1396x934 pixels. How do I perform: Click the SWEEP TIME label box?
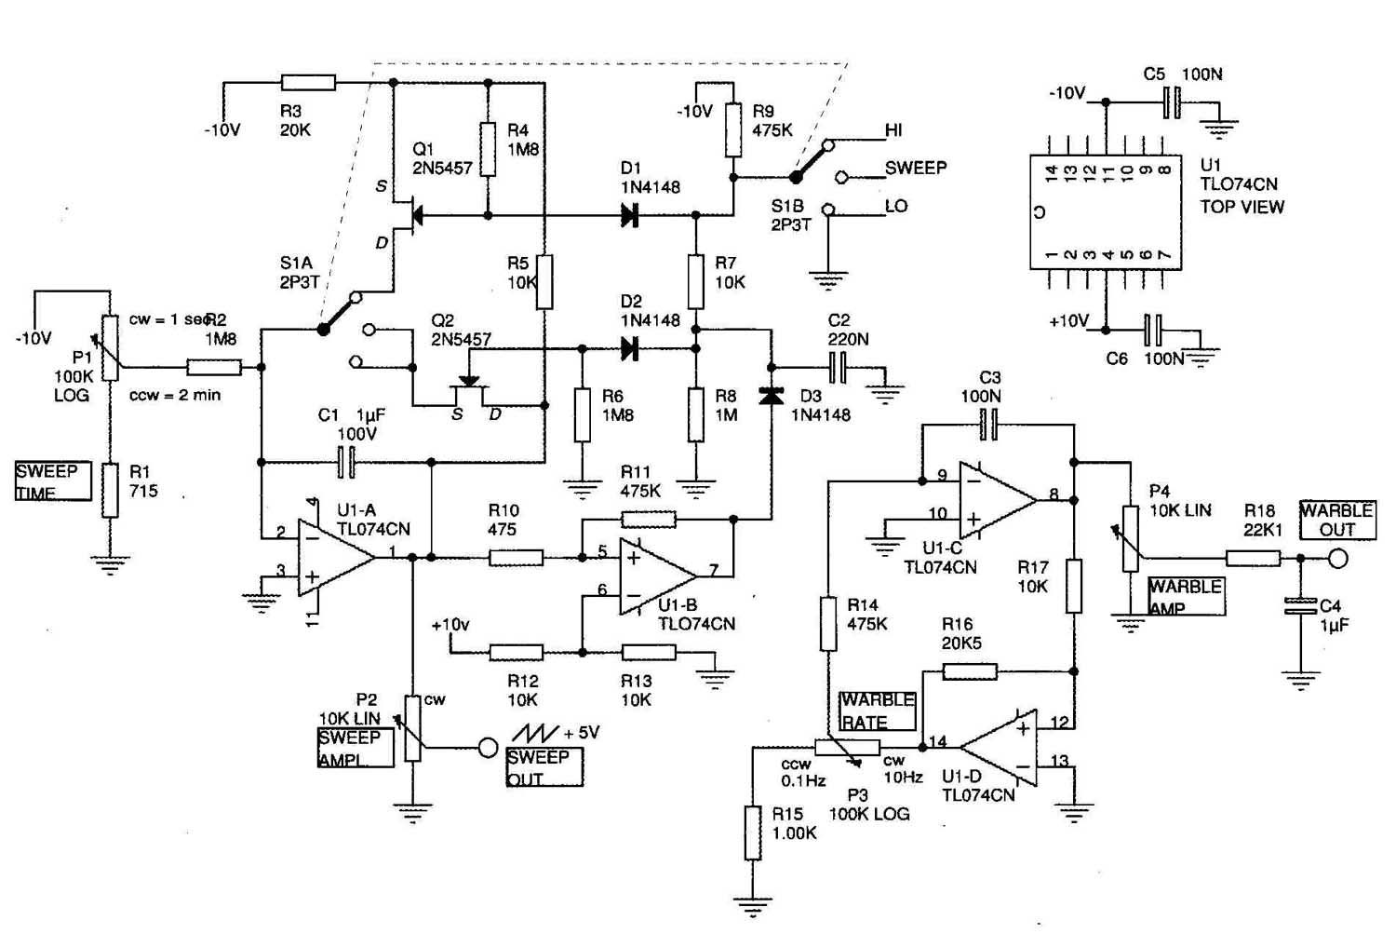click(54, 481)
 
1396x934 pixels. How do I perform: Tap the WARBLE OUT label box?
click(1337, 520)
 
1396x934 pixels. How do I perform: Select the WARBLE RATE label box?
click(878, 711)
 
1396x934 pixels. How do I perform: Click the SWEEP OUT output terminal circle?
click(488, 747)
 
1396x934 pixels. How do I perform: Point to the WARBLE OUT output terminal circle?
click(1337, 558)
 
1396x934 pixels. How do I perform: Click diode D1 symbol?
click(629, 216)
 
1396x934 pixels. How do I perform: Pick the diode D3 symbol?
click(772, 396)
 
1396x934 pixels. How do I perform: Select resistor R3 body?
click(308, 82)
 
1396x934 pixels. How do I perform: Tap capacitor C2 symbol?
click(839, 368)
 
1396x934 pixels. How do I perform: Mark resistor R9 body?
click(733, 129)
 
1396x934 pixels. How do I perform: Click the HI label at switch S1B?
click(893, 129)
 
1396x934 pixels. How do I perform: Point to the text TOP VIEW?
click(1242, 207)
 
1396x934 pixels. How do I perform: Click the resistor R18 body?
click(1254, 558)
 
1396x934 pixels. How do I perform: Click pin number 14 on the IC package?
click(1051, 173)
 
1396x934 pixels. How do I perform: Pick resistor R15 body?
click(753, 833)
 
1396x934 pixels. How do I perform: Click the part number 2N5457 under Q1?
click(442, 168)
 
